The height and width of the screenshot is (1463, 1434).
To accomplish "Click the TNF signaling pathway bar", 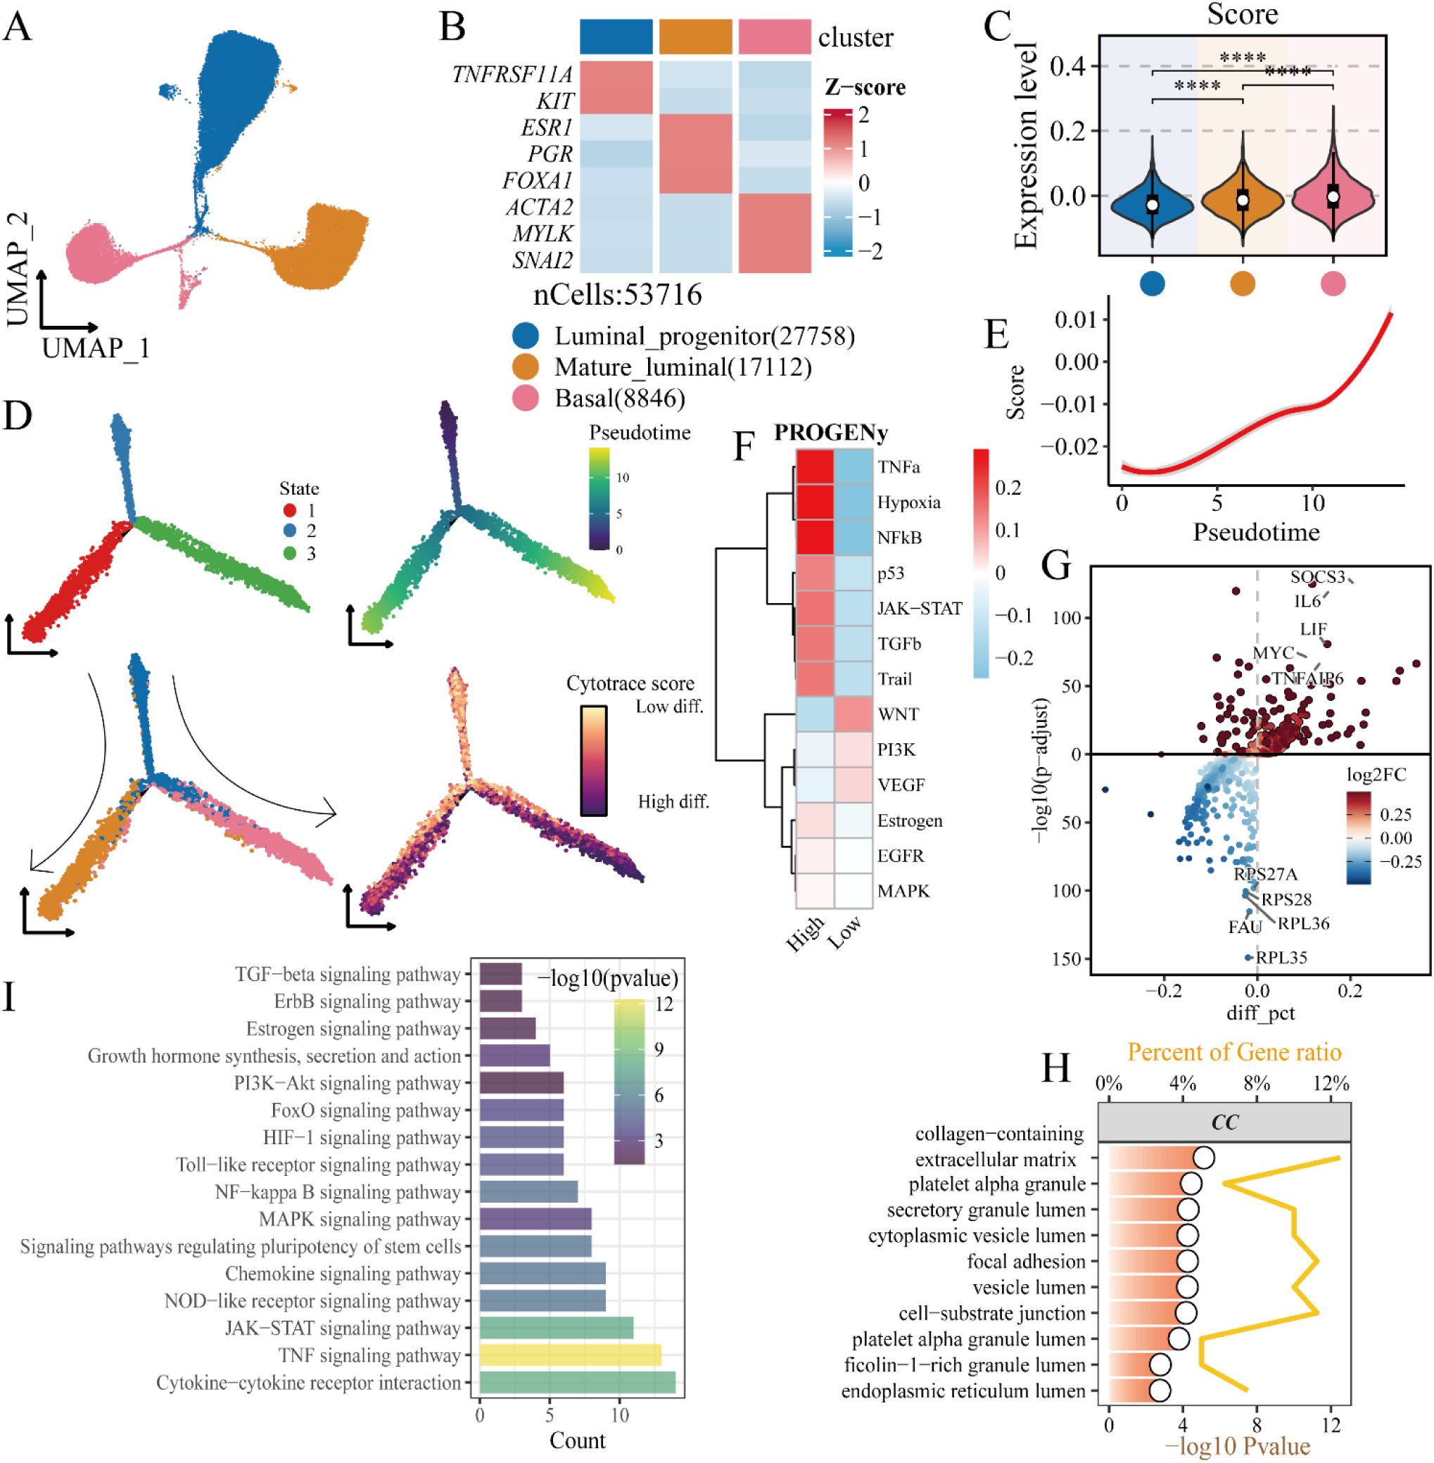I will click(x=569, y=1355).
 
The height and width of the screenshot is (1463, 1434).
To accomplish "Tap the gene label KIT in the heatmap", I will click(x=555, y=101).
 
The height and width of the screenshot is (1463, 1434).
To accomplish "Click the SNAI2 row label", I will click(x=542, y=260).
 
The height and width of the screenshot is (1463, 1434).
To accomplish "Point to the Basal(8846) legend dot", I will click(x=525, y=398).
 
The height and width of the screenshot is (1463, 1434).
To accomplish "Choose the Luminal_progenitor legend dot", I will click(x=525, y=336).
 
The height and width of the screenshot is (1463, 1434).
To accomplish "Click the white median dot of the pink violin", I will click(x=1333, y=196).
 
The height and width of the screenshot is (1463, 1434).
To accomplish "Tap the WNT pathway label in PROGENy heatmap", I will click(x=898, y=714).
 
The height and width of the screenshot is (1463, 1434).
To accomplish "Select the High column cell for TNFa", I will click(x=815, y=467).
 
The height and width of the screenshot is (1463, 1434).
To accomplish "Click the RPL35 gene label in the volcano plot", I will click(x=1281, y=958).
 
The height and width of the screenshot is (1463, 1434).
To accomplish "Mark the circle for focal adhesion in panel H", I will click(x=1187, y=1262).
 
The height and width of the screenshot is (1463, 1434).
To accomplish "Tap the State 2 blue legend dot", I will click(x=290, y=531).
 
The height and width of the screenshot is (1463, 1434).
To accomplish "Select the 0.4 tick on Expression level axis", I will click(x=1067, y=67).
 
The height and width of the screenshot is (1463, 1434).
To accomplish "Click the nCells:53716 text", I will click(x=618, y=296).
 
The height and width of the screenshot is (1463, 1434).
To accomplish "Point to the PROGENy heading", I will click(x=831, y=432).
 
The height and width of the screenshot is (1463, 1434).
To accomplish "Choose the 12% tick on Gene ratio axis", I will click(x=1331, y=1085).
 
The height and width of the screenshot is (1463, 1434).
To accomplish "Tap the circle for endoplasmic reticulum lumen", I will click(x=1160, y=1391).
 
